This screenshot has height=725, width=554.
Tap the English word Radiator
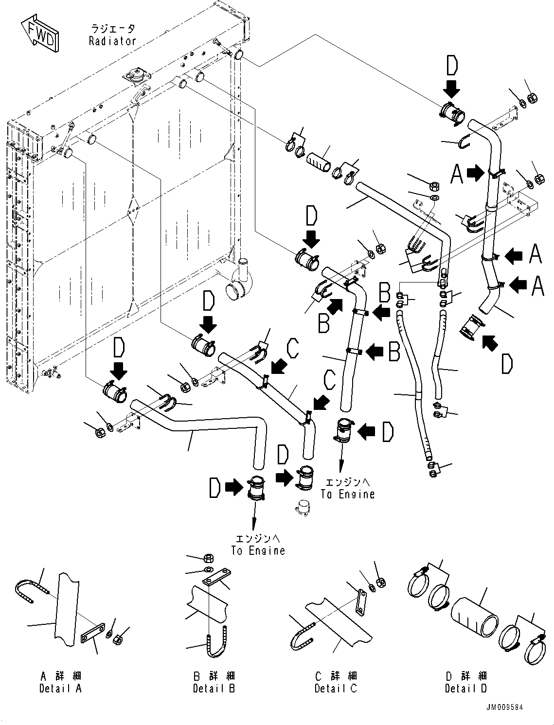[x=112, y=41]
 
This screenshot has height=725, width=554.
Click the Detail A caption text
[x=60, y=688]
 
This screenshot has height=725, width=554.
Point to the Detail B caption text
[x=214, y=688]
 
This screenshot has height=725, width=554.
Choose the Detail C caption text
[x=336, y=688]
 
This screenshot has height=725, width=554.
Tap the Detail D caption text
[x=465, y=688]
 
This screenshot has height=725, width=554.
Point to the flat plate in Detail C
[x=361, y=603]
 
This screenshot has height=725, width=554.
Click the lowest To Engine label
[x=258, y=550]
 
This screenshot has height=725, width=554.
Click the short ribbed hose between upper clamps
[x=319, y=159]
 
